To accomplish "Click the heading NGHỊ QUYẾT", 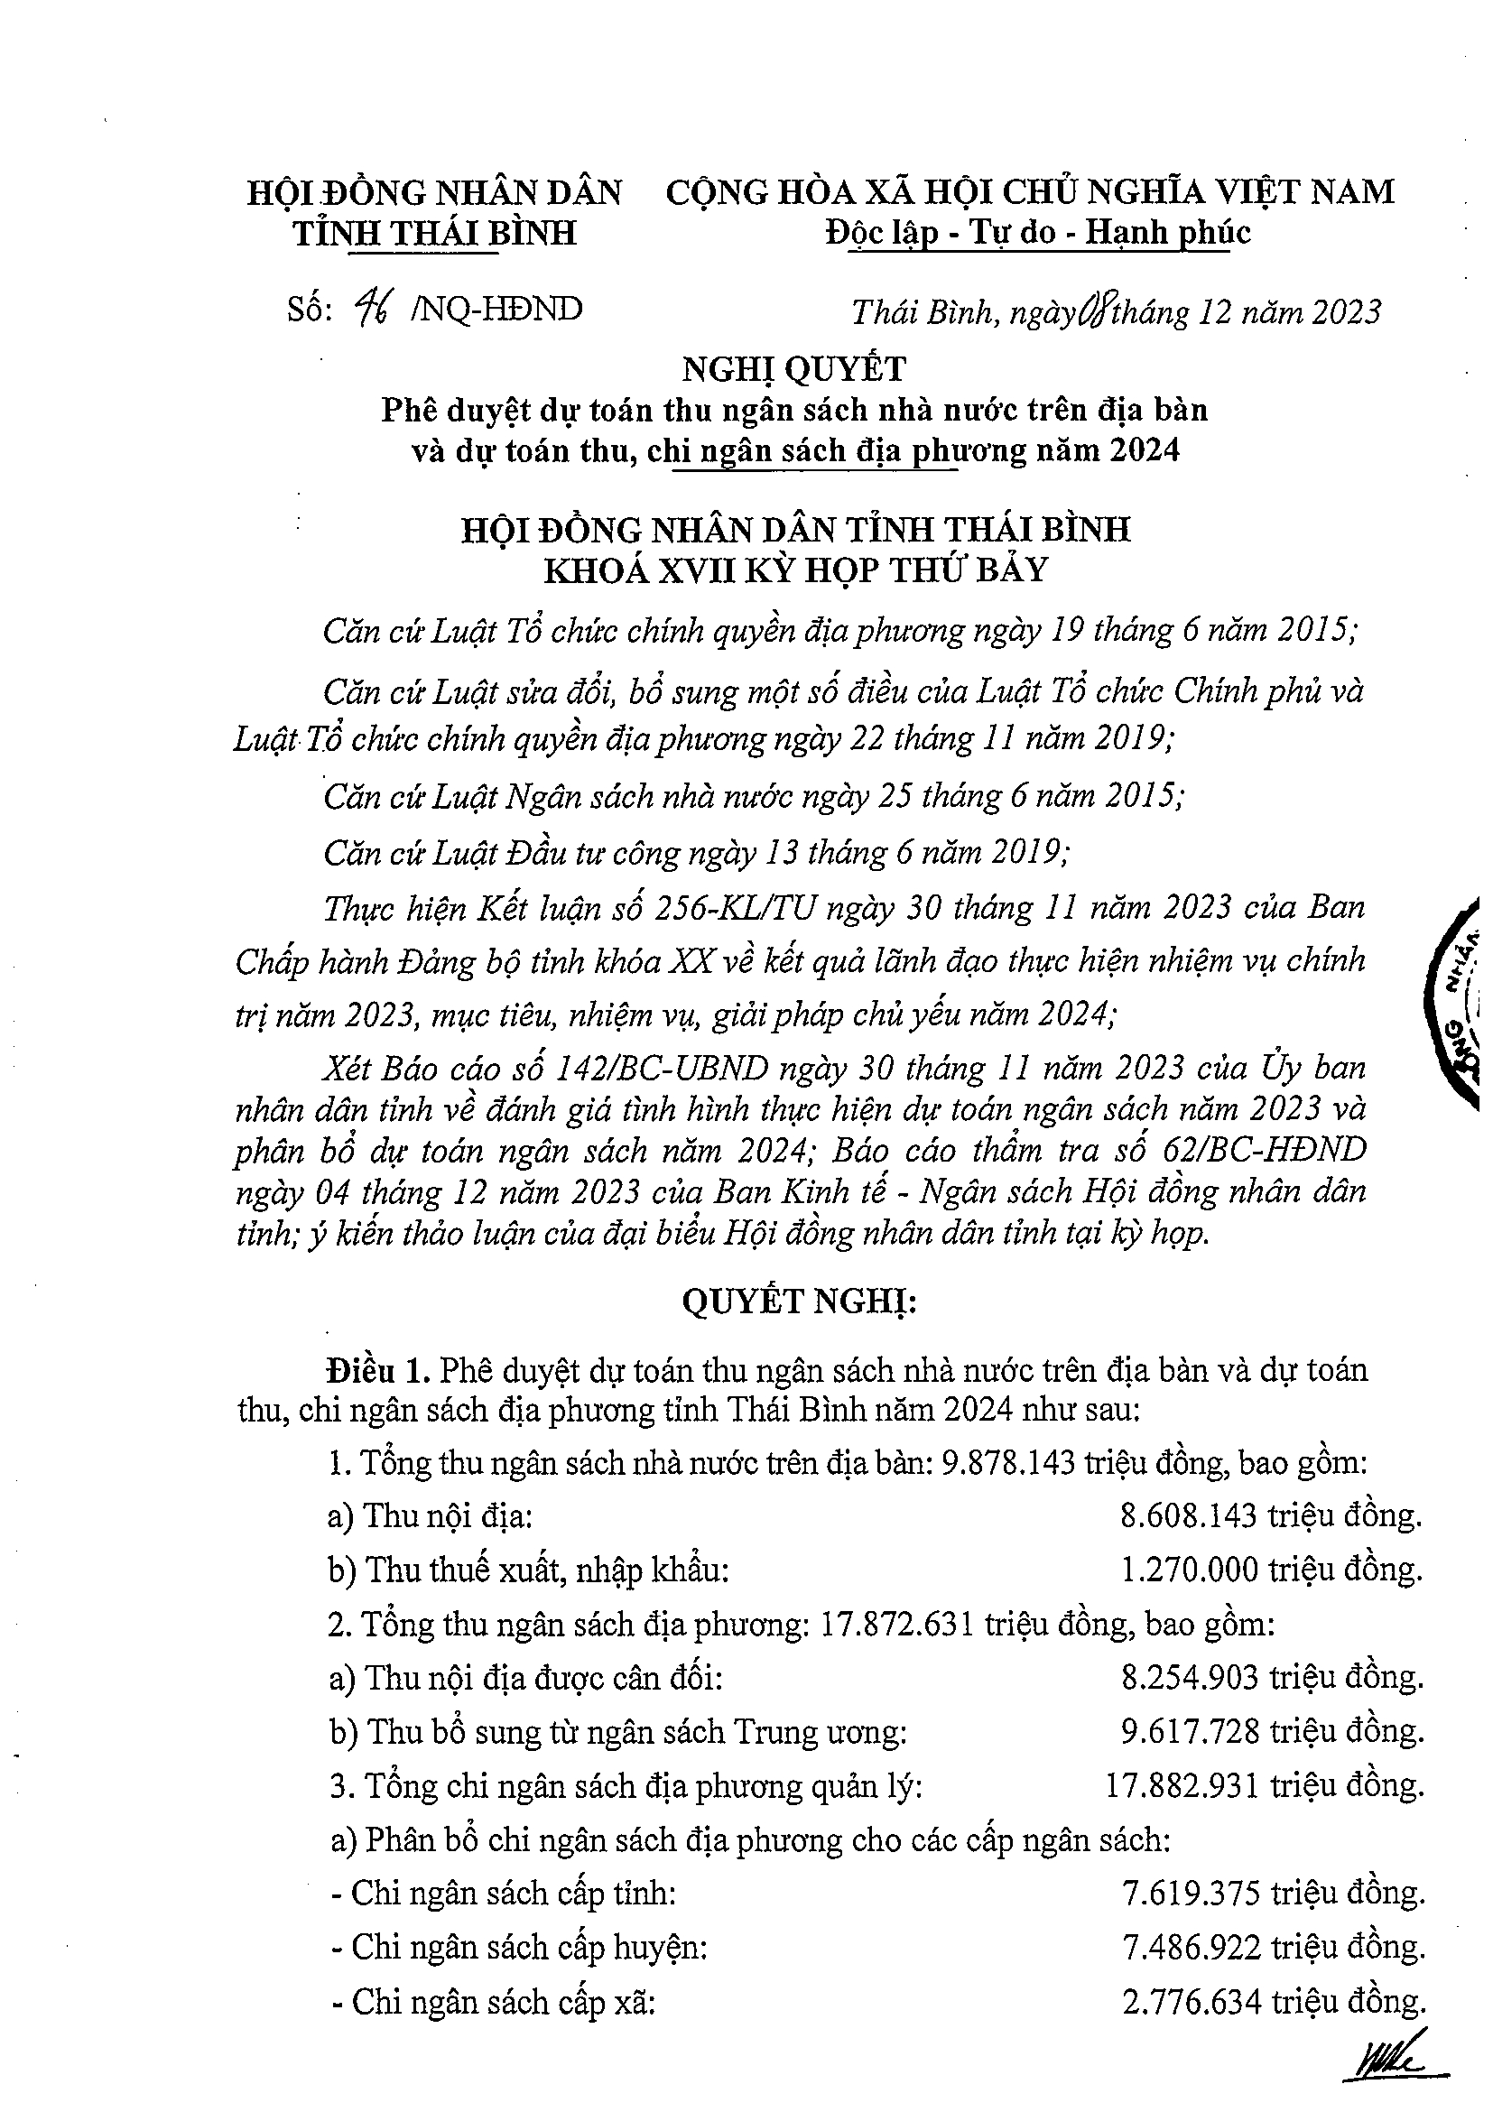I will pos(793,369).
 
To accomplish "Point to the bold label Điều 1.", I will pos(377,1370).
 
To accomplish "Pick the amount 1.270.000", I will pos(1190,1570).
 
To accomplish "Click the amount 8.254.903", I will pos(1190,1678).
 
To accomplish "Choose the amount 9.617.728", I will pos(1190,1732).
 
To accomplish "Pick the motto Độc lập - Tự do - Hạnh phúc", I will pos(1038,232).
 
